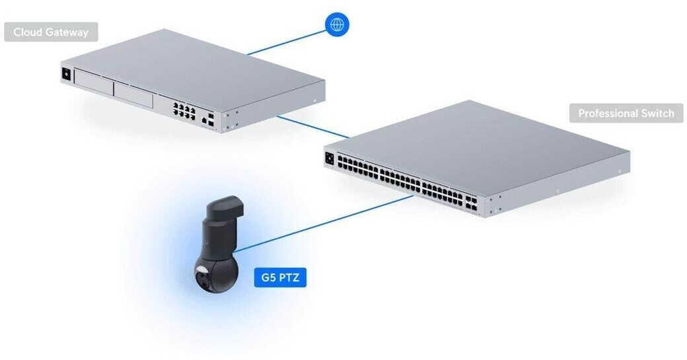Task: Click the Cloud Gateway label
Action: click(51, 32)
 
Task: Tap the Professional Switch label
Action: click(626, 113)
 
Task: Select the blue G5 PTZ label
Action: click(280, 277)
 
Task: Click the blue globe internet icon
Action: click(337, 25)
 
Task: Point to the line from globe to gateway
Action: click(287, 42)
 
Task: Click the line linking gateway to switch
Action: click(310, 126)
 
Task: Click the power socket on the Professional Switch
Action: click(329, 158)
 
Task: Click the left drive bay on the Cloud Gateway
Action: click(92, 82)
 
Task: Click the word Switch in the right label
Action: click(657, 113)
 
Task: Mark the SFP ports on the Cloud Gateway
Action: click(211, 119)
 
